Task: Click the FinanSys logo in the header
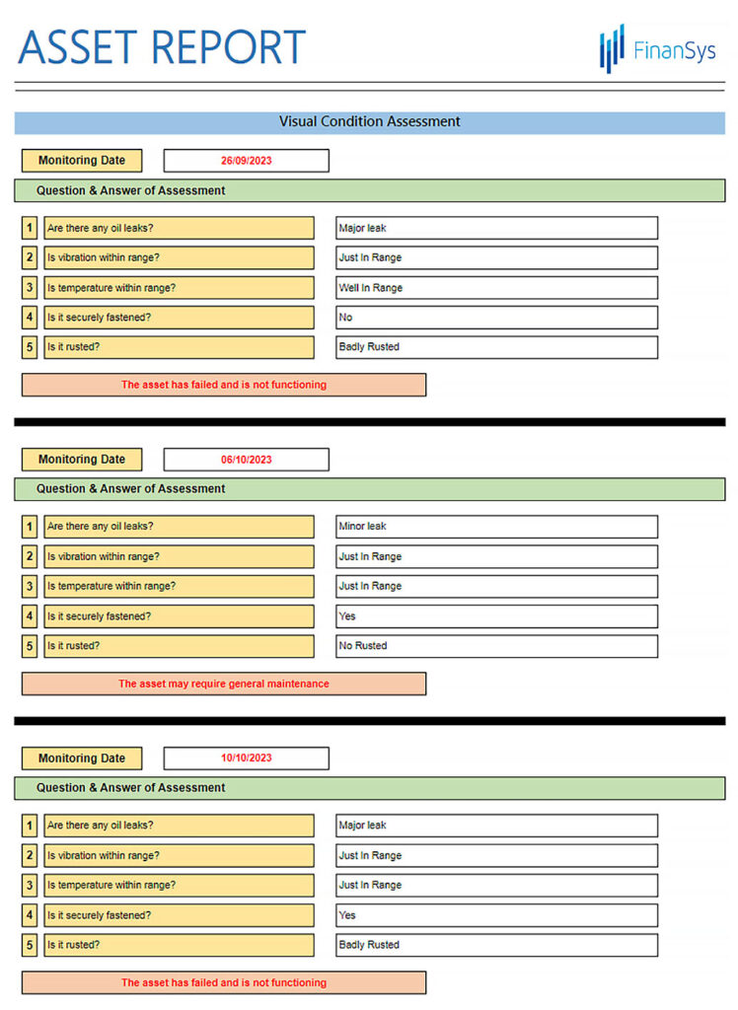pyautogui.click(x=657, y=49)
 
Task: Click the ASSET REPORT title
pyautogui.click(x=162, y=47)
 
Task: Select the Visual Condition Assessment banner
pyautogui.click(x=369, y=122)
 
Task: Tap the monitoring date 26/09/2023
pyautogui.click(x=246, y=161)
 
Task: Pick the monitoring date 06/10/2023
pyautogui.click(x=246, y=460)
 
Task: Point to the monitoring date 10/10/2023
pyautogui.click(x=246, y=758)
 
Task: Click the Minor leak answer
pyautogui.click(x=496, y=527)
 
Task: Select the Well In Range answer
pyautogui.click(x=496, y=288)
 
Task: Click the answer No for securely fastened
pyautogui.click(x=496, y=318)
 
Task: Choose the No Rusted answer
pyautogui.click(x=496, y=646)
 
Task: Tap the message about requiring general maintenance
pyautogui.click(x=224, y=684)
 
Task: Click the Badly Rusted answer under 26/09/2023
pyautogui.click(x=496, y=347)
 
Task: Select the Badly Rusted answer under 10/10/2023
pyautogui.click(x=496, y=945)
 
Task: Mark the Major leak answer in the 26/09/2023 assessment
pyautogui.click(x=496, y=228)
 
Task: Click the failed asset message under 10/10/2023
pyautogui.click(x=224, y=982)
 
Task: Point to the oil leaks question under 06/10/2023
pyautogui.click(x=179, y=527)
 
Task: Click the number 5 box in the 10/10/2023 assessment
pyautogui.click(x=30, y=945)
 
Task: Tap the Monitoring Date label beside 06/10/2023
pyautogui.click(x=82, y=460)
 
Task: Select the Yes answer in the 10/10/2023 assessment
pyautogui.click(x=496, y=915)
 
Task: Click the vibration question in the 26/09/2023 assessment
pyautogui.click(x=179, y=257)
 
